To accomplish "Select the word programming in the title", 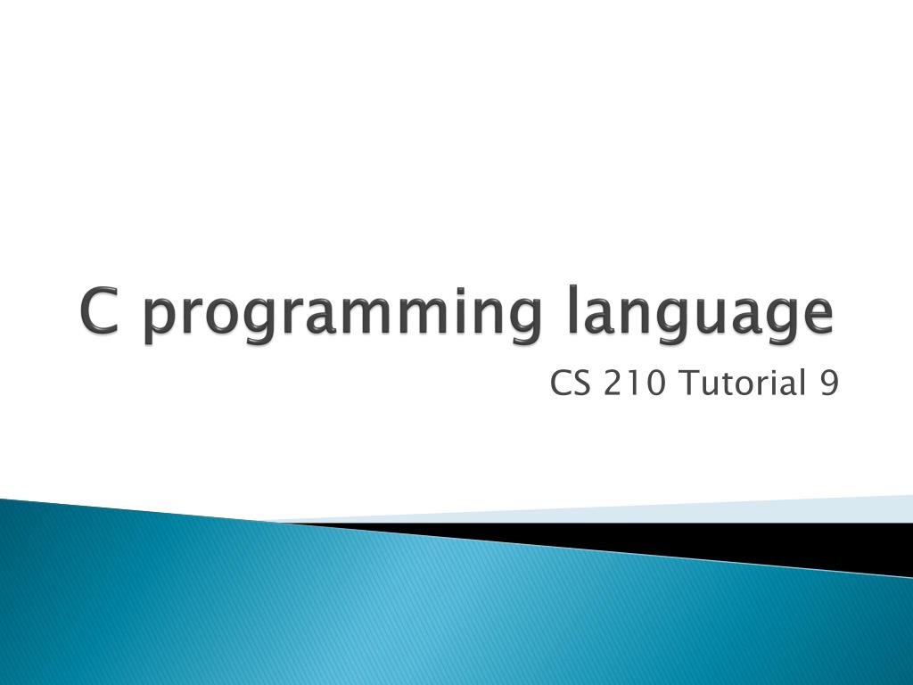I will tap(341, 318).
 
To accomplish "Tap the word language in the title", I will tap(701, 318).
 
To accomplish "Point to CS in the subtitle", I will tap(566, 384).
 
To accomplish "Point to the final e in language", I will tap(817, 316).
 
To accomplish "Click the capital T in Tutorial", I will tap(688, 384).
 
